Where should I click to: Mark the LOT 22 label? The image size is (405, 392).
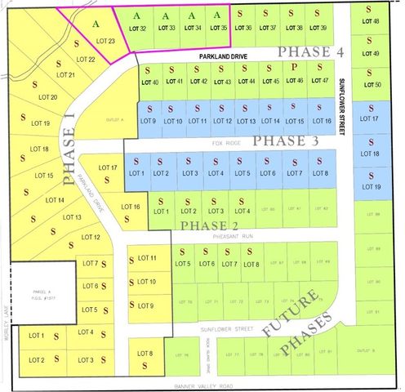pyautogui.click(x=86, y=60)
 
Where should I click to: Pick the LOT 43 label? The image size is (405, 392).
pyautogui.click(x=223, y=82)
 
